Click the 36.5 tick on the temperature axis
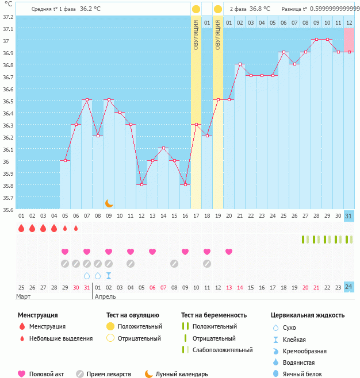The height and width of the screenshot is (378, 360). click(7, 101)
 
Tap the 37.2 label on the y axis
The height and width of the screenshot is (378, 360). click(7, 16)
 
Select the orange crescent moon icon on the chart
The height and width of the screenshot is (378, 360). click(109, 203)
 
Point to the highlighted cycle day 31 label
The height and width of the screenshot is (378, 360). click(349, 215)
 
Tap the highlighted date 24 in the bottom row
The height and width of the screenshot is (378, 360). click(349, 287)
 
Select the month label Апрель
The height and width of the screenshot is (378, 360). click(105, 296)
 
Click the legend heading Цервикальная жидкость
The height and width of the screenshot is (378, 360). click(307, 315)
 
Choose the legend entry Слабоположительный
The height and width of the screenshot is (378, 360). click(223, 350)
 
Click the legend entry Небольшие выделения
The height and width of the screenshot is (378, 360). click(61, 338)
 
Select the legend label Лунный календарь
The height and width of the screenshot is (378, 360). click(183, 374)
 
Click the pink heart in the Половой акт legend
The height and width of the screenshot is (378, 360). click(22, 374)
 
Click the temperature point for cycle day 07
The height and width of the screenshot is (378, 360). click(87, 100)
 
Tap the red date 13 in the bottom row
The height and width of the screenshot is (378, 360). click(229, 287)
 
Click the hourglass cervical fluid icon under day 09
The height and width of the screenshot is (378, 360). click(109, 276)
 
